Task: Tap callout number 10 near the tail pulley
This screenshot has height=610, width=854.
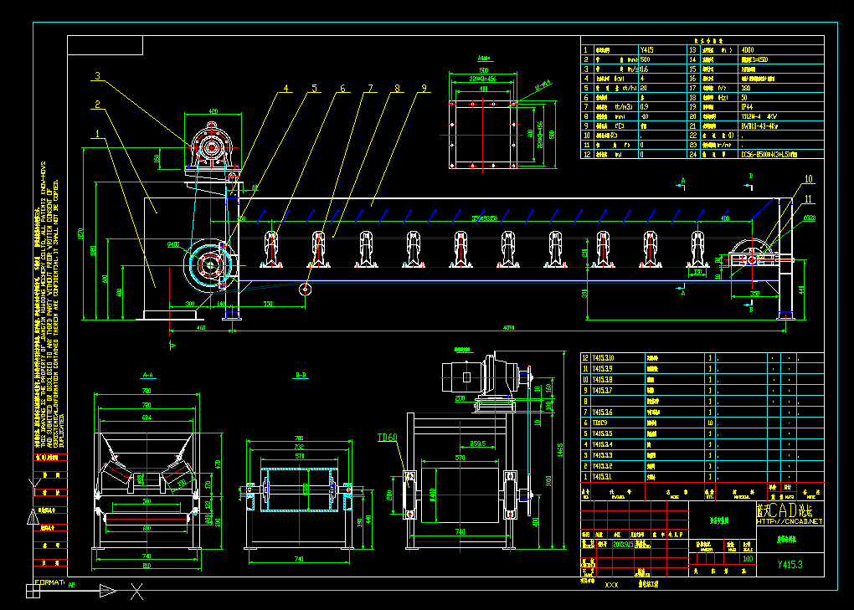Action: click(809, 179)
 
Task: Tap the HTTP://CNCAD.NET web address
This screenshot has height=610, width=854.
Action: click(790, 520)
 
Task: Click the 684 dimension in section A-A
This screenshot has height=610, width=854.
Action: click(147, 416)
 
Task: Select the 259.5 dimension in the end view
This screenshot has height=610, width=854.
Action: click(478, 443)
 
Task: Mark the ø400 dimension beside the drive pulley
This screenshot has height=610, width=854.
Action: click(174, 244)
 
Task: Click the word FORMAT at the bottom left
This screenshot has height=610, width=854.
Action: click(47, 583)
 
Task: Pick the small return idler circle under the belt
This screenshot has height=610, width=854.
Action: click(306, 290)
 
